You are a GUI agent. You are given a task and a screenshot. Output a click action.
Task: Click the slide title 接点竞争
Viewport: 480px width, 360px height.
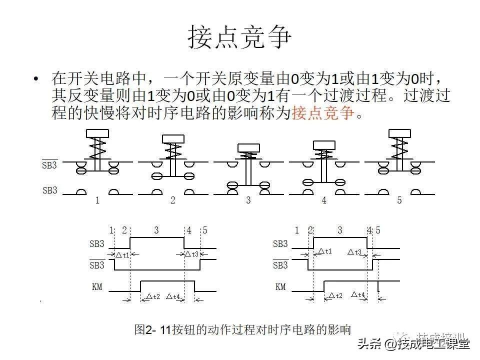[239, 37]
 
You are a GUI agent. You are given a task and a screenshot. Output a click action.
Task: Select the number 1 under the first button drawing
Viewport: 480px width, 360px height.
[97, 201]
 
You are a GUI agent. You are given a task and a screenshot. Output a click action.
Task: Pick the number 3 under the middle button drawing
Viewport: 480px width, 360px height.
[248, 201]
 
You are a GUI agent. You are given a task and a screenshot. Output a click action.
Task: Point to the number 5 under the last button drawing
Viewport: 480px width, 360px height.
[399, 201]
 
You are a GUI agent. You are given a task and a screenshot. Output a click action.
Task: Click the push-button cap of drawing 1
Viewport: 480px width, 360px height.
[97, 133]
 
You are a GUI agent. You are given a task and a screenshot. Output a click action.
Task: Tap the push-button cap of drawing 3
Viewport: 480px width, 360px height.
[248, 147]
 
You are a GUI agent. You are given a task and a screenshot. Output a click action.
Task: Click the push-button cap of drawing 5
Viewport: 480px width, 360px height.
[399, 133]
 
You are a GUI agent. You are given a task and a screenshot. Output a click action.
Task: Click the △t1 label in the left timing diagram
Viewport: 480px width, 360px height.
[122, 255]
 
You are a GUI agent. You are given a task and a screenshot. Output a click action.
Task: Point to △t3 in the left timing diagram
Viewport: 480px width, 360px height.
[192, 254]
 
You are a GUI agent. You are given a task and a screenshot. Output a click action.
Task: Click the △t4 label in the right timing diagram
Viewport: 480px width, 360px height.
[358, 294]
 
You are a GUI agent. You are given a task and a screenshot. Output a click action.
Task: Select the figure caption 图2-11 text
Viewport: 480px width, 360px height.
[242, 329]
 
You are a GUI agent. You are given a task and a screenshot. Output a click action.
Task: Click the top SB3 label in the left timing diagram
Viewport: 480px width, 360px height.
[97, 244]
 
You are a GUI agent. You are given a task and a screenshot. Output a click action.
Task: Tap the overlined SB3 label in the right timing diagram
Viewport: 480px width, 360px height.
[280, 265]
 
